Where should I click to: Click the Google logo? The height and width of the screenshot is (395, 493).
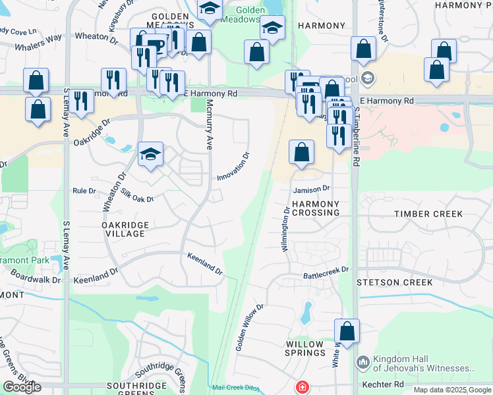22,387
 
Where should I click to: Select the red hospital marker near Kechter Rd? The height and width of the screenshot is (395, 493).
301,386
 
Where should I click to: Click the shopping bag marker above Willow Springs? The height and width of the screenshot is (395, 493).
347,332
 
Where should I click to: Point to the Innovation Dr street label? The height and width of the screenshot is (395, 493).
234,167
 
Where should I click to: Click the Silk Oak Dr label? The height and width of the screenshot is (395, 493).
136,196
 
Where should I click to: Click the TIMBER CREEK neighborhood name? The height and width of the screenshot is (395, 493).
428,214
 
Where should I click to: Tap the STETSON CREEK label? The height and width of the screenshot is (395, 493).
395,282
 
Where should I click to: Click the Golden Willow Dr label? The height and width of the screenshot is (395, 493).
250,327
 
